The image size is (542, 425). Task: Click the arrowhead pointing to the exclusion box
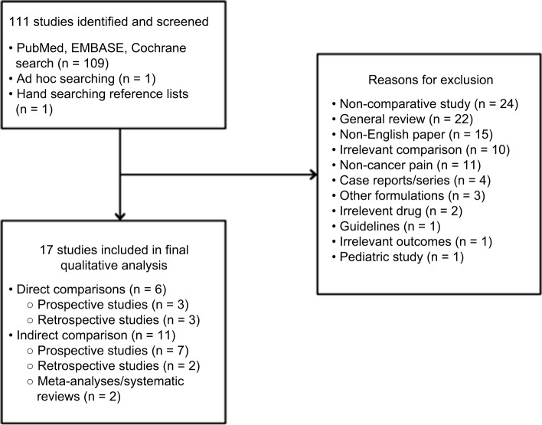tap(311, 175)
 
